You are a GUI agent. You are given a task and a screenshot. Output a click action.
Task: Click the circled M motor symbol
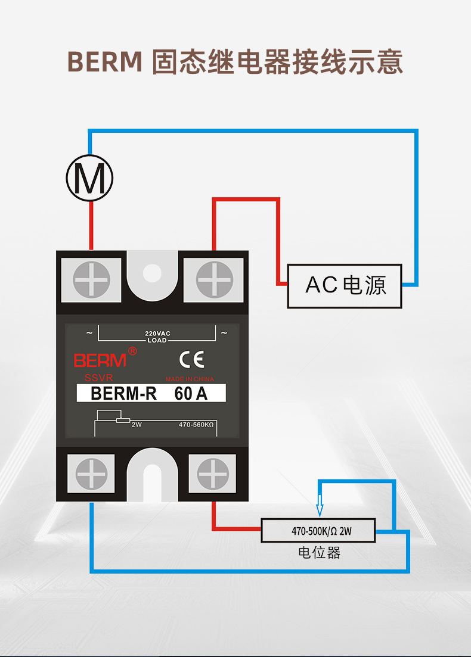pos(89,178)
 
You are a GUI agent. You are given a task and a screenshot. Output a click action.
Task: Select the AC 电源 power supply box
pos(345,286)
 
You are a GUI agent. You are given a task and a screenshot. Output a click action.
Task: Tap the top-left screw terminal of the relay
pos(91,279)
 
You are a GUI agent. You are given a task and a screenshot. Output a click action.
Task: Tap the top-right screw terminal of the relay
pos(214,279)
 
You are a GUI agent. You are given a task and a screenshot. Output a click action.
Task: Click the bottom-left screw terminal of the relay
pos(91,474)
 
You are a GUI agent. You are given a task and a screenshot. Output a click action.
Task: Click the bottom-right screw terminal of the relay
pos(213,474)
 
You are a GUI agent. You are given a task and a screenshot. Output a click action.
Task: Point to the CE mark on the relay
pos(191,359)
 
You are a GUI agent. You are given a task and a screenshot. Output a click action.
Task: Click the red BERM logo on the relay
pos(100,360)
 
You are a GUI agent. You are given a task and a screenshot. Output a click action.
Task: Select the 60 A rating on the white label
pos(191,394)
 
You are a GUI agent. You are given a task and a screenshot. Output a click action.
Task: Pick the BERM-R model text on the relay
pos(123,394)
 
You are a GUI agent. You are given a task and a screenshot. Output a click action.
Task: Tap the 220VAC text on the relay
pos(158,334)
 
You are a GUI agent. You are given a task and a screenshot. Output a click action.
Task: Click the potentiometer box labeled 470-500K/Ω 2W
pos(318,531)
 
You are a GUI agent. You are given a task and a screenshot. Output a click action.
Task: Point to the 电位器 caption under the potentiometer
pos(319,553)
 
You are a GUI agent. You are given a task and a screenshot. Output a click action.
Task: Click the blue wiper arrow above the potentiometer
pos(320,506)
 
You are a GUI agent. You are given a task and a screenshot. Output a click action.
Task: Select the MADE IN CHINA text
pos(190,379)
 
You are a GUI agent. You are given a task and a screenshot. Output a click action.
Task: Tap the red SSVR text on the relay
pos(98,378)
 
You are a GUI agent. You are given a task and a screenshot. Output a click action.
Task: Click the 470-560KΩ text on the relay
pos(196,425)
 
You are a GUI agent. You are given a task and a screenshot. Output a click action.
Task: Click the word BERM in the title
pos(105,62)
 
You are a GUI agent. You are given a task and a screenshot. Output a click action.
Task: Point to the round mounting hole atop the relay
pos(152,273)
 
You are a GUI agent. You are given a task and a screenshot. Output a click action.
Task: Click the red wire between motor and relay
pos(91,225)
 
